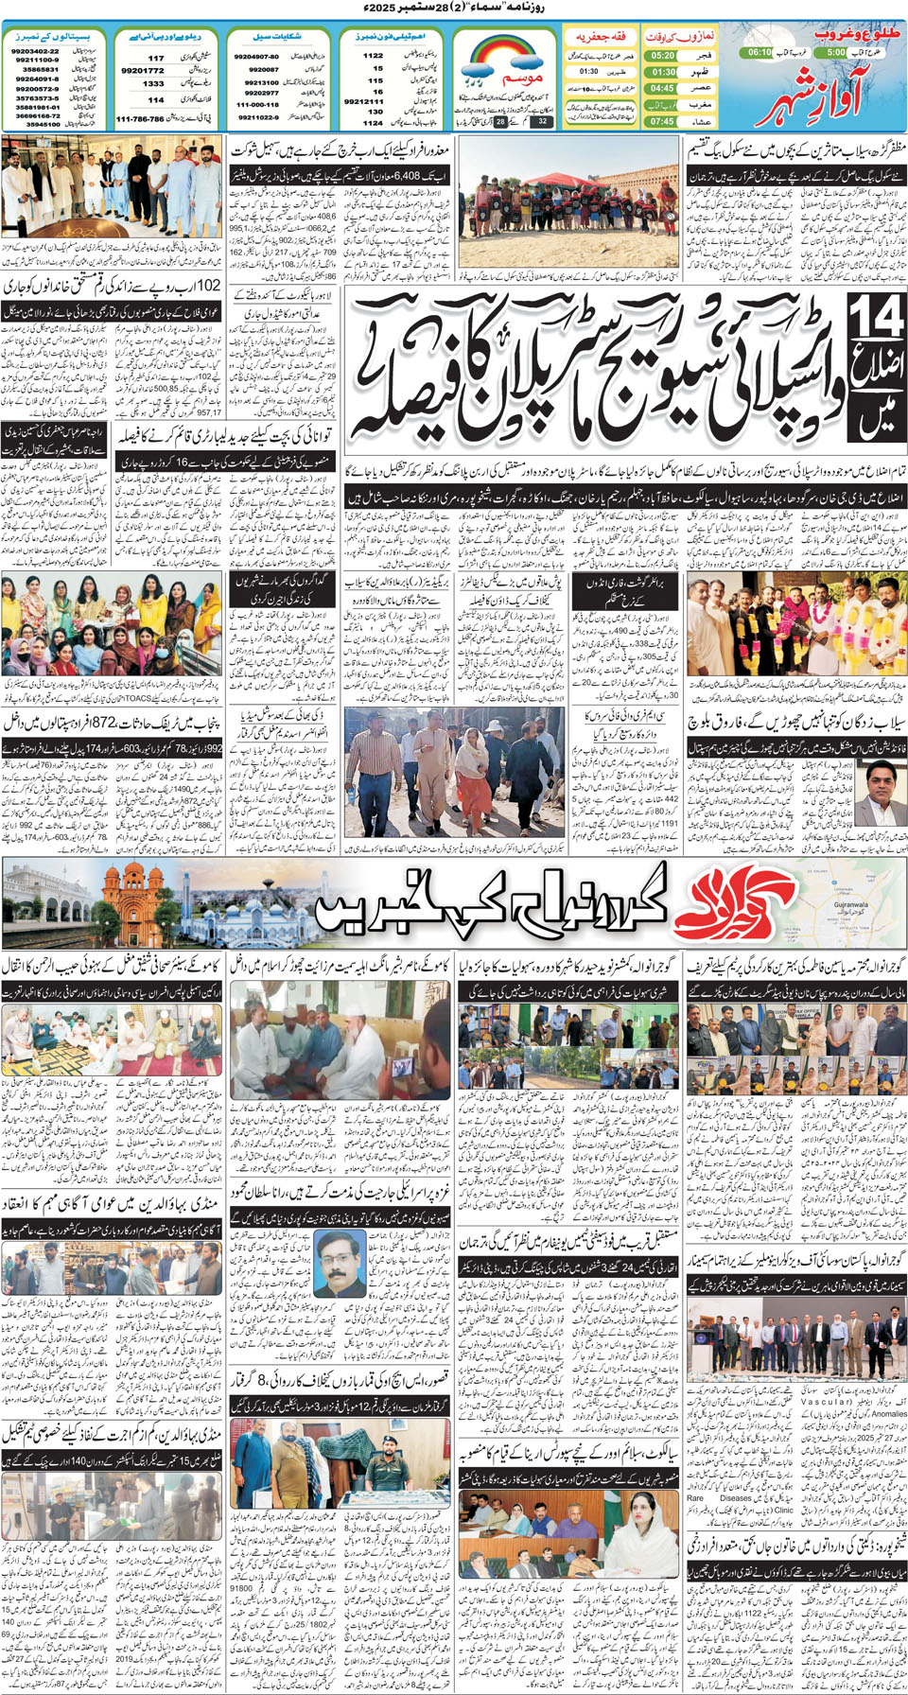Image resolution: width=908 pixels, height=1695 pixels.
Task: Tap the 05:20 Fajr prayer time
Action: [662, 56]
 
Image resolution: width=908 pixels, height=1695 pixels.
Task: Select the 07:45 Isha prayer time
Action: [662, 121]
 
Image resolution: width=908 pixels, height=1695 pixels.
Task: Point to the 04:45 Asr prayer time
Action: [662, 88]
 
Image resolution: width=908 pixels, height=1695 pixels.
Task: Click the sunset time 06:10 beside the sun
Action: [760, 52]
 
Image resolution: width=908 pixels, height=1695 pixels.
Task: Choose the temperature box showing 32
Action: [542, 121]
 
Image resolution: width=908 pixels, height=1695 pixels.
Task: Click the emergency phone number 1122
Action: [374, 56]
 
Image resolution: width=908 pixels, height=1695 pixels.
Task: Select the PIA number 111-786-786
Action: [140, 119]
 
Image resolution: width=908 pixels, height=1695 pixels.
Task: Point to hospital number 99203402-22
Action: [36, 51]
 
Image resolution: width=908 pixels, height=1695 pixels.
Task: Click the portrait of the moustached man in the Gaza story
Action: [340, 1263]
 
